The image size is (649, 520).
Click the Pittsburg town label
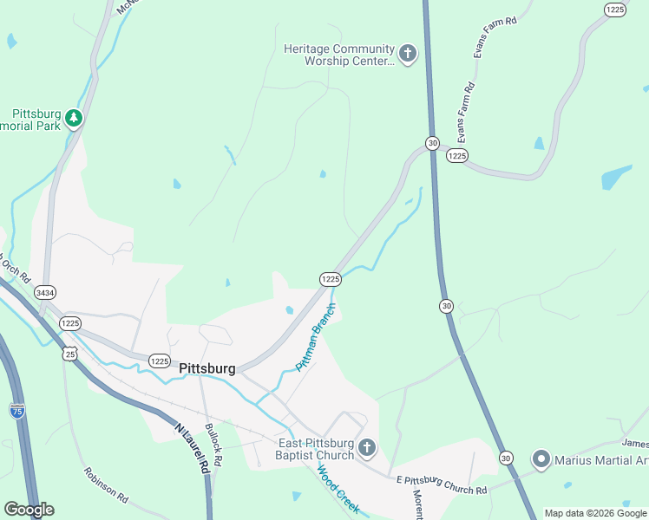[x=206, y=368]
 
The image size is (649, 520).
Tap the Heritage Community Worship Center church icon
[x=407, y=55]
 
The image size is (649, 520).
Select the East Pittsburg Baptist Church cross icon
[x=366, y=448]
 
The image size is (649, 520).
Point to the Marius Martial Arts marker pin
[x=541, y=458]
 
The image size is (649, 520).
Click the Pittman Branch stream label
[x=314, y=338]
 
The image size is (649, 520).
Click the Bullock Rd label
[x=213, y=445]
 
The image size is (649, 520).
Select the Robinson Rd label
[x=106, y=486]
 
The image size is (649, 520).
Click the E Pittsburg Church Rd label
[x=441, y=484]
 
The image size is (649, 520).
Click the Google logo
[x=29, y=510]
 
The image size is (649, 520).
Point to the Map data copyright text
[x=594, y=513]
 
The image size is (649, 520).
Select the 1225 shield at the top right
[x=615, y=9]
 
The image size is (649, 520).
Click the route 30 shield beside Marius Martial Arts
[x=507, y=458]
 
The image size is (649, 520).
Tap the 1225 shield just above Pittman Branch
[x=330, y=279]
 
